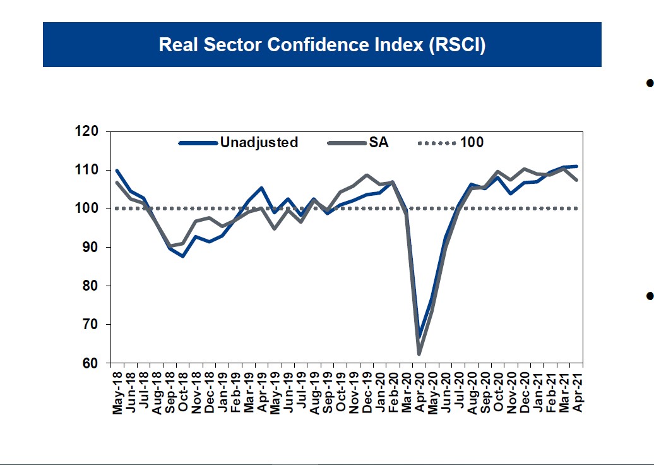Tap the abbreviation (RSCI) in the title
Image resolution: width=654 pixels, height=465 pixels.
click(457, 45)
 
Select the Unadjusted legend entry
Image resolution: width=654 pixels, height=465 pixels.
click(259, 143)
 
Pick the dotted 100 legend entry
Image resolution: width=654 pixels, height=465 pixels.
click(472, 143)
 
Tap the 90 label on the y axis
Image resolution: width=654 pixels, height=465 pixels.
click(91, 247)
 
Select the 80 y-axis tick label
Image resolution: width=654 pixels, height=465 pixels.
click(91, 286)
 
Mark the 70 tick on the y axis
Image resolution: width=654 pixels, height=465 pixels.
click(91, 325)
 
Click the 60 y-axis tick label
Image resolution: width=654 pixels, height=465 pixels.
click(91, 363)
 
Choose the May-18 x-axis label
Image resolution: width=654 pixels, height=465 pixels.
click(117, 392)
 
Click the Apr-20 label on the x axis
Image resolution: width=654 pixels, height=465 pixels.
click(419, 392)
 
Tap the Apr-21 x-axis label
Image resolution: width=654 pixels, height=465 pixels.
click(576, 392)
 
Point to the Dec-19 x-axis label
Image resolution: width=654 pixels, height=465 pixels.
click(367, 392)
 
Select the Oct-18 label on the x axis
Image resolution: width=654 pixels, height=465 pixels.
click(183, 392)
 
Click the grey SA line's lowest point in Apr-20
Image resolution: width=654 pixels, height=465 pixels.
click(419, 354)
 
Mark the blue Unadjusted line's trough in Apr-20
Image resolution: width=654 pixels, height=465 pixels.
click(419, 336)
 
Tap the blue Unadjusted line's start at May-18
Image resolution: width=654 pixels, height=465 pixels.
click(117, 171)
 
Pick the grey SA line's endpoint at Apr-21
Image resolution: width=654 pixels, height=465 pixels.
click(576, 180)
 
